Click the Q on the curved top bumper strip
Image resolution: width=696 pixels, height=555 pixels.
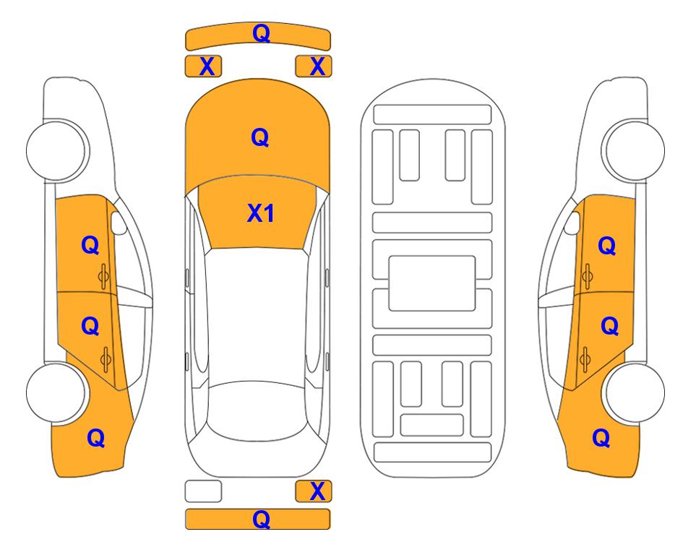[261, 33]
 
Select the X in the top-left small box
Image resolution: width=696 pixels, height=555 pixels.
[207, 66]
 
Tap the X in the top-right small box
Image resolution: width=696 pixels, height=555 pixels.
[317, 66]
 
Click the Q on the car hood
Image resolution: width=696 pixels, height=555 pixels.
[260, 137]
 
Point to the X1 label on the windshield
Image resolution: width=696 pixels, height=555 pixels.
[261, 213]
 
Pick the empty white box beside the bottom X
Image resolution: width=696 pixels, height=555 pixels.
[203, 491]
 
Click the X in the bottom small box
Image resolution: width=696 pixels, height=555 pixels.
[317, 491]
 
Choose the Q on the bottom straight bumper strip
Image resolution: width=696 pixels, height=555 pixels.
[261, 519]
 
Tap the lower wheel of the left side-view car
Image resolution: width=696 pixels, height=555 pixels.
[56, 392]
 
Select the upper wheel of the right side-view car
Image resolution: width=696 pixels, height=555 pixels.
[635, 150]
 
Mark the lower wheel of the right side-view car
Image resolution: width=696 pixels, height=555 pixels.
[635, 392]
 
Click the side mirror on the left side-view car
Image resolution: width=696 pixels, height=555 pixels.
[118, 223]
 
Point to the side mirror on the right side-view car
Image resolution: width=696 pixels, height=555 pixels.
[572, 223]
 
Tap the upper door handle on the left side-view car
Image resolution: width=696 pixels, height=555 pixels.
[103, 276]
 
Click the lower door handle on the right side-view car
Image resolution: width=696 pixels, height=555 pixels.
[585, 359]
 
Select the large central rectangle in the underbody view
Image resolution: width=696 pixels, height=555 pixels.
[432, 283]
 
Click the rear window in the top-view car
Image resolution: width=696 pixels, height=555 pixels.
[257, 410]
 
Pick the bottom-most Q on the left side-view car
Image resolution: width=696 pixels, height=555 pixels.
[96, 438]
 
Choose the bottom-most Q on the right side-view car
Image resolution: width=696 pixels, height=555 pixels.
[601, 438]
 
